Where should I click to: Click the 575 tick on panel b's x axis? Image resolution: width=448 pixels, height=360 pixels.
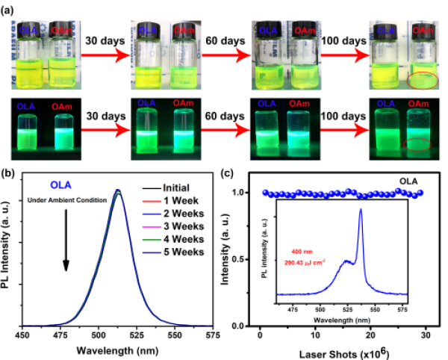tap(210, 335)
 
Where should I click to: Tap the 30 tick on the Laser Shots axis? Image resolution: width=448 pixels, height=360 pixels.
tap(426, 335)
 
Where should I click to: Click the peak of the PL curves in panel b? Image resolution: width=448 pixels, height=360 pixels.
tap(116, 191)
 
